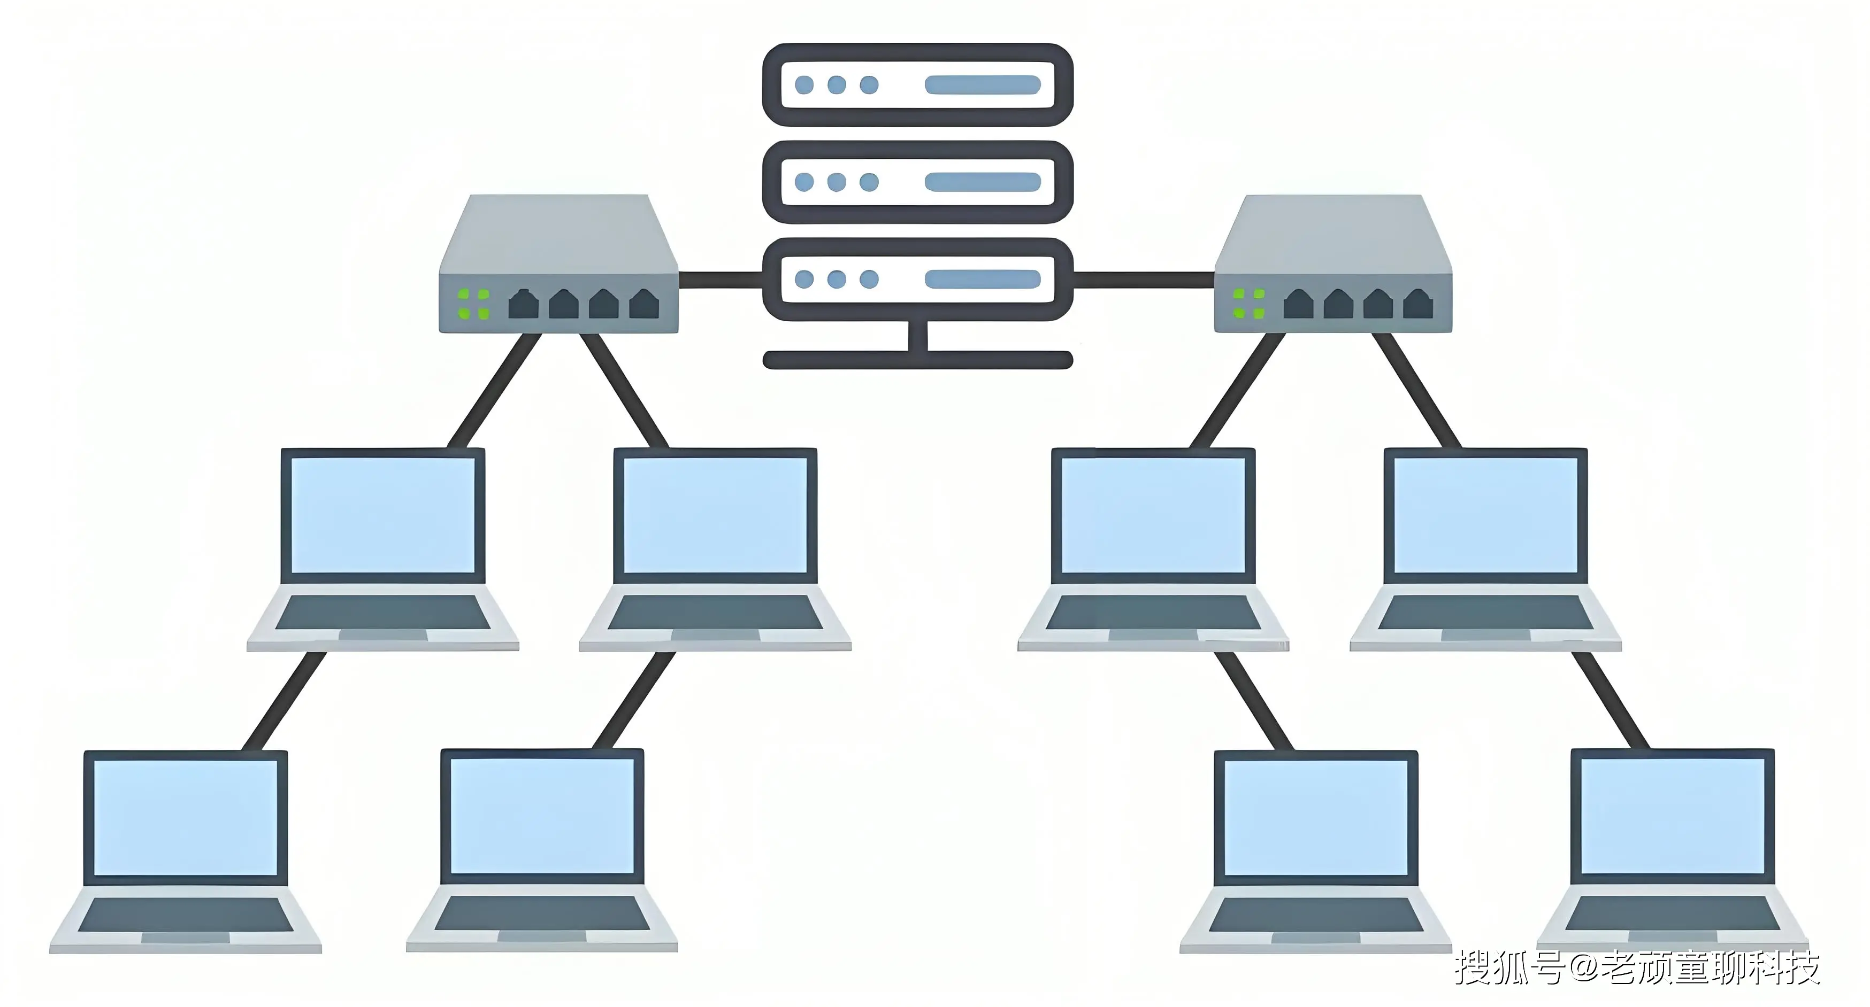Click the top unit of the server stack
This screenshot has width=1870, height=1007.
pos(917,85)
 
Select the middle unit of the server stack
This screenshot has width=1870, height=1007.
pos(917,182)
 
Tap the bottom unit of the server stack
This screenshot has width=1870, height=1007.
pos(917,280)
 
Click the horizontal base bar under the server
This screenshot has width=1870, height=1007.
pos(917,360)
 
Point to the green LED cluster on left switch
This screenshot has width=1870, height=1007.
pos(473,304)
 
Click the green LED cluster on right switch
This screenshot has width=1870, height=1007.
pos(1248,304)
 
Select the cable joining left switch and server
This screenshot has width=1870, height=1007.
pos(720,280)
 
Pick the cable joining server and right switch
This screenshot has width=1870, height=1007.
pos(1144,280)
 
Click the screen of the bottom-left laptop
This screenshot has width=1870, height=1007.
pos(186,818)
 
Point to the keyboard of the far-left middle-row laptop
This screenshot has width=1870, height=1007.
pos(382,613)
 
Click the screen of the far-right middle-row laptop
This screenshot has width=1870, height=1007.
pos(1485,515)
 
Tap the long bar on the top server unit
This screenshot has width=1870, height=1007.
pos(982,85)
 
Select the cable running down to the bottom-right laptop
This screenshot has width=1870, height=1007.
pos(1610,701)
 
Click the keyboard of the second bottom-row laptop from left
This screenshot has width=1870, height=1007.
pos(541,913)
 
